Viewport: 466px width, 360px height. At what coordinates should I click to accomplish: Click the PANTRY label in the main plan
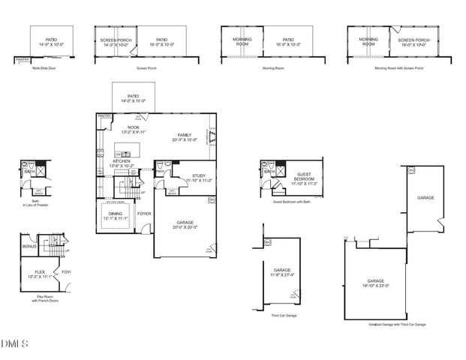[x=104, y=116]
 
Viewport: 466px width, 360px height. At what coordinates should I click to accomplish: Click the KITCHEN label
[x=122, y=160]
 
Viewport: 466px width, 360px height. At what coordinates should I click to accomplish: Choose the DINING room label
[x=115, y=214]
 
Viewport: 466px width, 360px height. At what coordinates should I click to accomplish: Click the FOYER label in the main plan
[x=143, y=214]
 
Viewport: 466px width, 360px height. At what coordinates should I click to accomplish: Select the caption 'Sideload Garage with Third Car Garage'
[x=397, y=324]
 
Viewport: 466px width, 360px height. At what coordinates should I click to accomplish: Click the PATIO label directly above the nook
[x=132, y=96]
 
